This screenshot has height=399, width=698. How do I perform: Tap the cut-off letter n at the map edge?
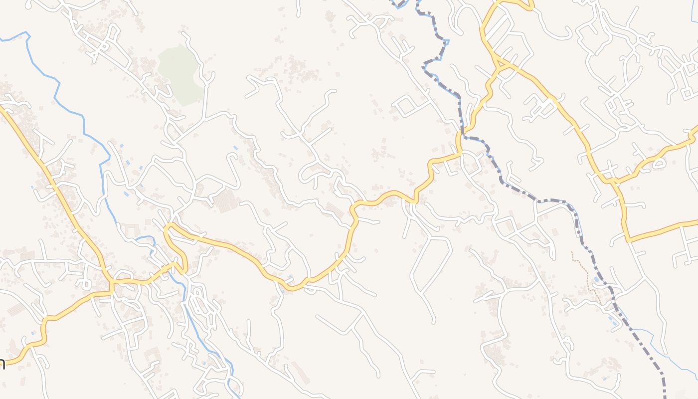pyautogui.click(x=2, y=364)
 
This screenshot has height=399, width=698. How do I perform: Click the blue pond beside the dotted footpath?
pyautogui.click(x=596, y=280)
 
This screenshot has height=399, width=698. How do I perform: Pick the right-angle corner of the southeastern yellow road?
pyautogui.click(x=627, y=240)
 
